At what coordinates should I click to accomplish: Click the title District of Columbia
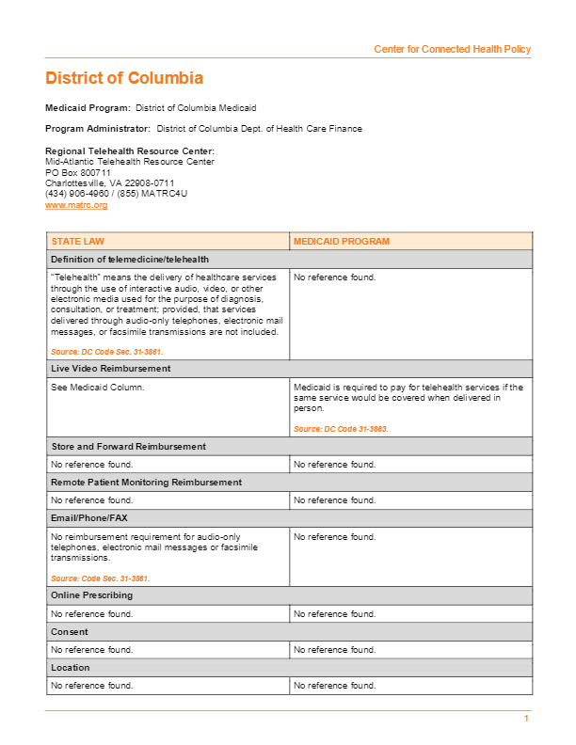coord(124,78)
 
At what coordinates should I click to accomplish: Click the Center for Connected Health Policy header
coord(452,49)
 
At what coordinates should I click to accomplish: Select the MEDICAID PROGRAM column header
coord(341,242)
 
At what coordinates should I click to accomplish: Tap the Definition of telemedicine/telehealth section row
coord(130,260)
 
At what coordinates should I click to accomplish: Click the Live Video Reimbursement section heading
coord(110,369)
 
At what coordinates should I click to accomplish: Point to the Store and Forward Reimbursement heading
coord(128,446)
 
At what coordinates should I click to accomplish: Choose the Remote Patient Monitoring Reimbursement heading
coord(146,482)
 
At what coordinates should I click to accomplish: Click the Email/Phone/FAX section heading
coord(88,518)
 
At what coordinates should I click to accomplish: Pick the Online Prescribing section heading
coord(92,595)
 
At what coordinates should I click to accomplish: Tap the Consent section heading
coord(70,632)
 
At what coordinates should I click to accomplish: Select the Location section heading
coord(71,668)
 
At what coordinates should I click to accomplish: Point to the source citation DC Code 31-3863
coord(341,429)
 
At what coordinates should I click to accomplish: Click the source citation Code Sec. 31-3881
coord(100,579)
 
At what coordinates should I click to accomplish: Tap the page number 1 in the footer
coord(527,719)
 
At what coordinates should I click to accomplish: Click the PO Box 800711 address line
coord(78,173)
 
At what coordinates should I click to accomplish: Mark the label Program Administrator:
coord(98,129)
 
